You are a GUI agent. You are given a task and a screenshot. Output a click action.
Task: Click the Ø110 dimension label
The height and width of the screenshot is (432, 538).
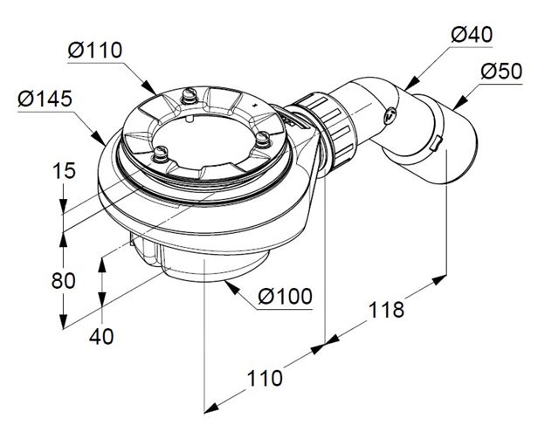[94, 50]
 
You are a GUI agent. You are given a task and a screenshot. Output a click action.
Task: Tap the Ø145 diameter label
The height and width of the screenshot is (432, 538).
[45, 99]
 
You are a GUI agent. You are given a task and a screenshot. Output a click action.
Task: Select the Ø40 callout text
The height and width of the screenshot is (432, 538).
[472, 35]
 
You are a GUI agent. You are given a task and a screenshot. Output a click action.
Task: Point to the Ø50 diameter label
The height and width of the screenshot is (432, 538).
[501, 72]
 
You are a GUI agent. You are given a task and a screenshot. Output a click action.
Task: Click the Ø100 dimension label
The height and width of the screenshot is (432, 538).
[285, 296]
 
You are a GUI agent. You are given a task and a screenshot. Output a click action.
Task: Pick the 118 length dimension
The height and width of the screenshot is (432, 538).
[386, 310]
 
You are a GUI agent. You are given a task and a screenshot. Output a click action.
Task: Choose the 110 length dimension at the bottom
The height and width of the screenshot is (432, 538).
[265, 378]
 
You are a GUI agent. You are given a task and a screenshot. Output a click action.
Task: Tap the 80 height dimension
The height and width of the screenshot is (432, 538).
[63, 280]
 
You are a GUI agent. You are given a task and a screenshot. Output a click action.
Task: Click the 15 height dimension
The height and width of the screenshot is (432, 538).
[64, 170]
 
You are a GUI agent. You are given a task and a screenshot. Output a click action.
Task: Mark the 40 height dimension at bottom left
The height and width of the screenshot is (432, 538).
[101, 336]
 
